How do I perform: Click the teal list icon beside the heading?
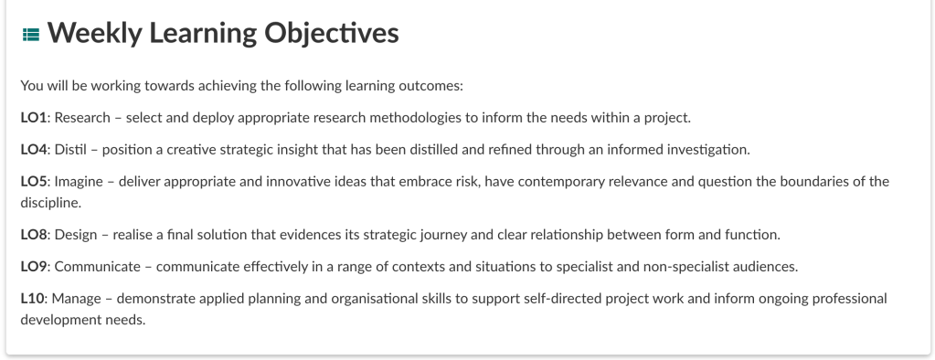(31, 35)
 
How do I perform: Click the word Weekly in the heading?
(95, 34)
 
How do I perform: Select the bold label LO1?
(34, 118)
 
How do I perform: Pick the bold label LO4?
(34, 150)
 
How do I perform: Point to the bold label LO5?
(34, 181)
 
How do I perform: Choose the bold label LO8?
(34, 235)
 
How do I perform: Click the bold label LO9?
(34, 267)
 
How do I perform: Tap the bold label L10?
(32, 298)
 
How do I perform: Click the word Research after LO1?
(82, 118)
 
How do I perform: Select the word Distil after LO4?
(70, 150)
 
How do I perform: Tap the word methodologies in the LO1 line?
(416, 119)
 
